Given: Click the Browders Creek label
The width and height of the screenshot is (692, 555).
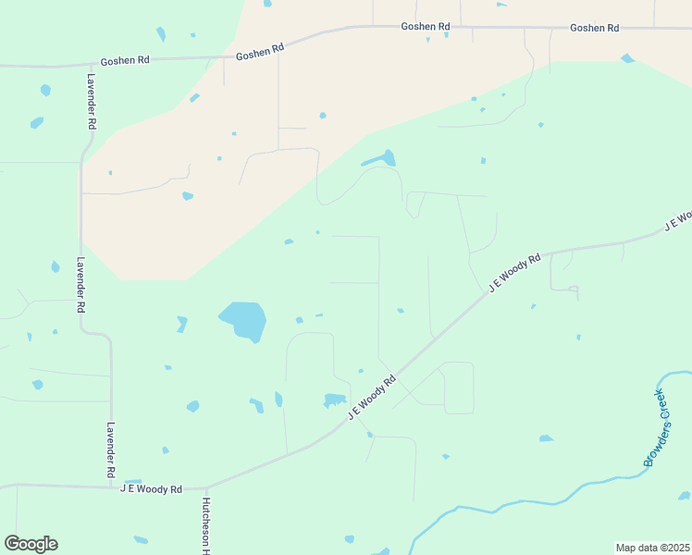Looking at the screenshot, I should (x=656, y=428).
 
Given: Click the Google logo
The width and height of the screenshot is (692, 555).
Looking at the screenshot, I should (x=31, y=544).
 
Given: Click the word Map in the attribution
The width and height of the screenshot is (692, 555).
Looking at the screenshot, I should (x=626, y=547).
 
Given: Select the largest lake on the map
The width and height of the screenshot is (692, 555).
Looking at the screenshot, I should (x=243, y=320).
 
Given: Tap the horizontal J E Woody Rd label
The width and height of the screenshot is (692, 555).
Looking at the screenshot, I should (x=151, y=488).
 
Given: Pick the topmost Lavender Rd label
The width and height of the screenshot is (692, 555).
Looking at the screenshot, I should (x=93, y=102).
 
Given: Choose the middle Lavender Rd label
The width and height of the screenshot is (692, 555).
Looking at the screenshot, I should (x=81, y=284).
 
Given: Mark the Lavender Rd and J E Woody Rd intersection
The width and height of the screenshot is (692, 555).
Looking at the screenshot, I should (x=112, y=485).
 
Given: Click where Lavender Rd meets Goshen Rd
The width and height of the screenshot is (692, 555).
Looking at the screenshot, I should (x=80, y=65).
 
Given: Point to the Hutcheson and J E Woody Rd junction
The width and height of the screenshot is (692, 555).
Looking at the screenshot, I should (x=207, y=487).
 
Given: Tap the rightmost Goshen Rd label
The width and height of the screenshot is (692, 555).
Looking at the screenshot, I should (x=594, y=28).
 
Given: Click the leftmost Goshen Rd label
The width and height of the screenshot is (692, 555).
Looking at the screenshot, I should (x=126, y=60).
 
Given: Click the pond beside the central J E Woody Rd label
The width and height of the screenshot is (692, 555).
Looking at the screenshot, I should (x=334, y=401).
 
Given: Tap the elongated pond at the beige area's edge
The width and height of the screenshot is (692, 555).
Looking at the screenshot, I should (x=379, y=159).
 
